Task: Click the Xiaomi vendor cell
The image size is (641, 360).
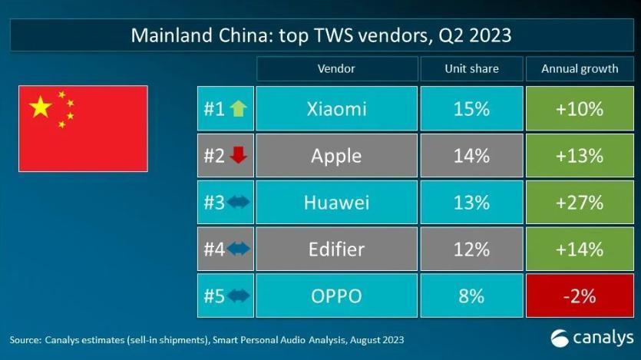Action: pyautogui.click(x=336, y=109)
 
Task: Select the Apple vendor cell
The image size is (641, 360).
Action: pyautogui.click(x=336, y=156)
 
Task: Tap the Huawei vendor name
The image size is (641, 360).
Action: pyautogui.click(x=336, y=203)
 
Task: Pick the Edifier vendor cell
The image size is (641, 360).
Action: pyautogui.click(x=336, y=249)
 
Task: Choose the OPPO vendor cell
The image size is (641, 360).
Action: pyautogui.click(x=336, y=296)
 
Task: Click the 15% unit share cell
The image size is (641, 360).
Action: pyautogui.click(x=471, y=109)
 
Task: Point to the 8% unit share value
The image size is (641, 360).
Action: pyautogui.click(x=471, y=296)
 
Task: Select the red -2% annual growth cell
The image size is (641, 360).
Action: pyautogui.click(x=580, y=296)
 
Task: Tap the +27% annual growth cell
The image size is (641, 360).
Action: pyautogui.click(x=580, y=203)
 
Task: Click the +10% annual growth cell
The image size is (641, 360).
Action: pyautogui.click(x=580, y=109)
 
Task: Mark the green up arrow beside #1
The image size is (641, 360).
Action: pyautogui.click(x=239, y=109)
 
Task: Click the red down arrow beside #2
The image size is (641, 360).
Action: pyautogui.click(x=239, y=156)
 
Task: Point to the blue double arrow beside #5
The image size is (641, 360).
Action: pyautogui.click(x=239, y=296)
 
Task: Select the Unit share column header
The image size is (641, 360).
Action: pyautogui.click(x=471, y=68)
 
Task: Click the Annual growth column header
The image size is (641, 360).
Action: pyautogui.click(x=580, y=68)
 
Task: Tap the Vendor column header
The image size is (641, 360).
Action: pyautogui.click(x=336, y=68)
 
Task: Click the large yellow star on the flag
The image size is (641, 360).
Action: pyautogui.click(x=41, y=107)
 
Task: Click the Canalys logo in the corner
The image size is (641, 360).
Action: pyautogui.click(x=592, y=338)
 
